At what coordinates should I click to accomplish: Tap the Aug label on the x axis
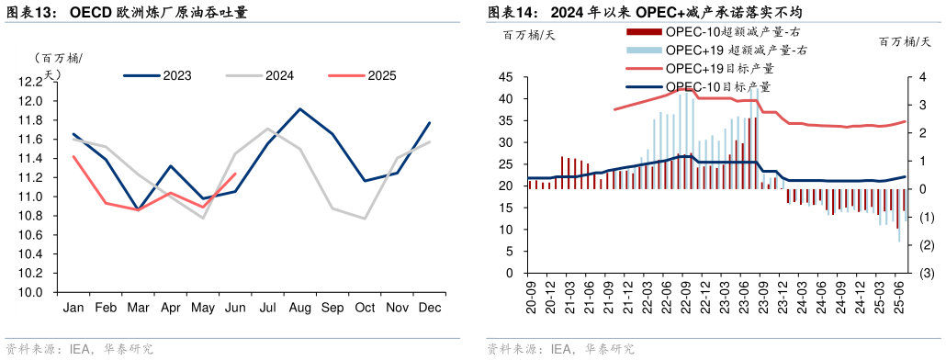299,308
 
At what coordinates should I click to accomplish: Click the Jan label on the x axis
73,308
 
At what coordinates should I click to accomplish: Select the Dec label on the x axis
428,308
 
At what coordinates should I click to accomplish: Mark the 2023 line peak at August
299,109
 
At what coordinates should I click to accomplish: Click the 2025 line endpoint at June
236,174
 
